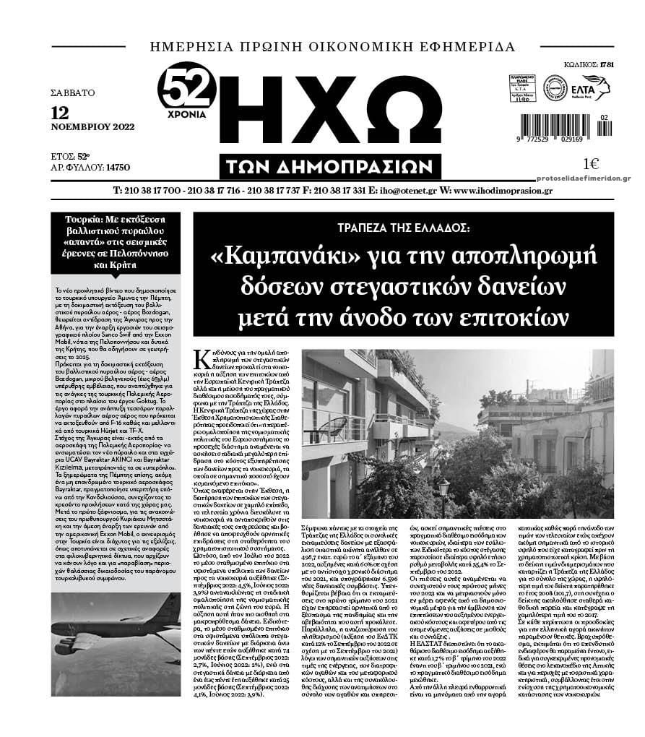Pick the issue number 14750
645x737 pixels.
[x=117, y=167]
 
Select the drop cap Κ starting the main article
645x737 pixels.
[x=203, y=359]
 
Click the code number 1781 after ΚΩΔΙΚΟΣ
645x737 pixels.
[x=606, y=65]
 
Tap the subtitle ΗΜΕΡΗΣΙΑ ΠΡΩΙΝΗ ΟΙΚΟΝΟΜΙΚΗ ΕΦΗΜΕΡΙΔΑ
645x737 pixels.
[x=332, y=48]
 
